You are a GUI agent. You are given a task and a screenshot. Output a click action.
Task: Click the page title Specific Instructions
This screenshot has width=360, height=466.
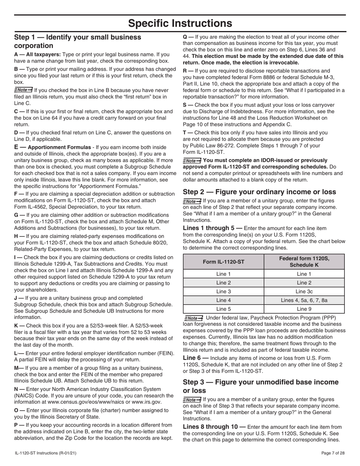coord(180,23)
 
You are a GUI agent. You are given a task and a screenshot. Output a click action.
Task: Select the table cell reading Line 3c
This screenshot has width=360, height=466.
coord(304,291)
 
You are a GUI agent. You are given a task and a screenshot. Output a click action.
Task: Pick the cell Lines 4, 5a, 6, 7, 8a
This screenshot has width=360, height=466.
coord(304,300)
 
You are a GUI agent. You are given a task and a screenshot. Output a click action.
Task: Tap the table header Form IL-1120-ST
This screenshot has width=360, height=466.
coord(223,261)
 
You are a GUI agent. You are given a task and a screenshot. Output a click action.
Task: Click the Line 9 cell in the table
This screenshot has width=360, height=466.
coord(304,309)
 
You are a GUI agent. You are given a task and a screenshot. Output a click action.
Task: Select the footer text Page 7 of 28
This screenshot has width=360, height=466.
coord(333,453)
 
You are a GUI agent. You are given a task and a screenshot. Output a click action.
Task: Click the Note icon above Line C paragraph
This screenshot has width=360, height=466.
coord(23,90)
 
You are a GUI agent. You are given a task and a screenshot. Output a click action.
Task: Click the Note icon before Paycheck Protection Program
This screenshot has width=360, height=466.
coord(193,318)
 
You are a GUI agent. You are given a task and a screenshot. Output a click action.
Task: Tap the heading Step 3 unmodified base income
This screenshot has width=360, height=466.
coord(261,386)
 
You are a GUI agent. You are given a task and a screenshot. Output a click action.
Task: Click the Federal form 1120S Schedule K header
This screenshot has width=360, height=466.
coord(304,261)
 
